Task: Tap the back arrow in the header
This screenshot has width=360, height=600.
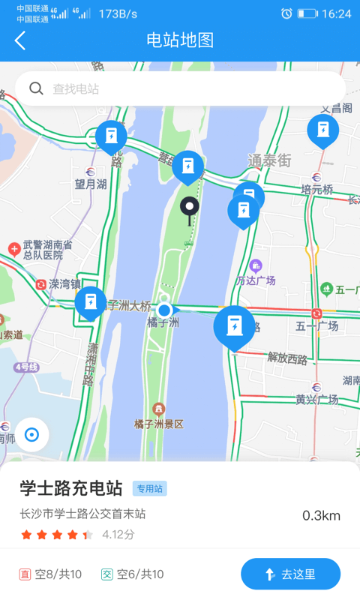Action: [20, 40]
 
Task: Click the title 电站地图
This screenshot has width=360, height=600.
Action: [180, 40]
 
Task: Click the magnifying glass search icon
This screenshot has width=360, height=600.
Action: [36, 88]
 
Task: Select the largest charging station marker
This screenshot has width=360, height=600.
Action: [234, 326]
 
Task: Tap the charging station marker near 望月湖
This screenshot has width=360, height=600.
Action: [111, 136]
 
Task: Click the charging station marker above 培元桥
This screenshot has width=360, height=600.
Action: [322, 130]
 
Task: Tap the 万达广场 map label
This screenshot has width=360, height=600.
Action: [256, 280]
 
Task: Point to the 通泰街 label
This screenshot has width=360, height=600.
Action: [269, 160]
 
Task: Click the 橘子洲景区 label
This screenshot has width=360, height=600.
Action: [159, 424]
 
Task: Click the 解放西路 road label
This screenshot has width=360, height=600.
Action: [287, 358]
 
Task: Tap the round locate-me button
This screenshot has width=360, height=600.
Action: [31, 434]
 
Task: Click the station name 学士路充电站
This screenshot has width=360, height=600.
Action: [71, 488]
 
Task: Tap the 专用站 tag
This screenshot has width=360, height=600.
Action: [149, 489]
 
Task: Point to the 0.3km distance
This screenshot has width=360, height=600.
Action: [321, 515]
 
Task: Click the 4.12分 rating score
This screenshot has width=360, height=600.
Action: [118, 535]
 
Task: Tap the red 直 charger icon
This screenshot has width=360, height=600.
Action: [25, 574]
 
